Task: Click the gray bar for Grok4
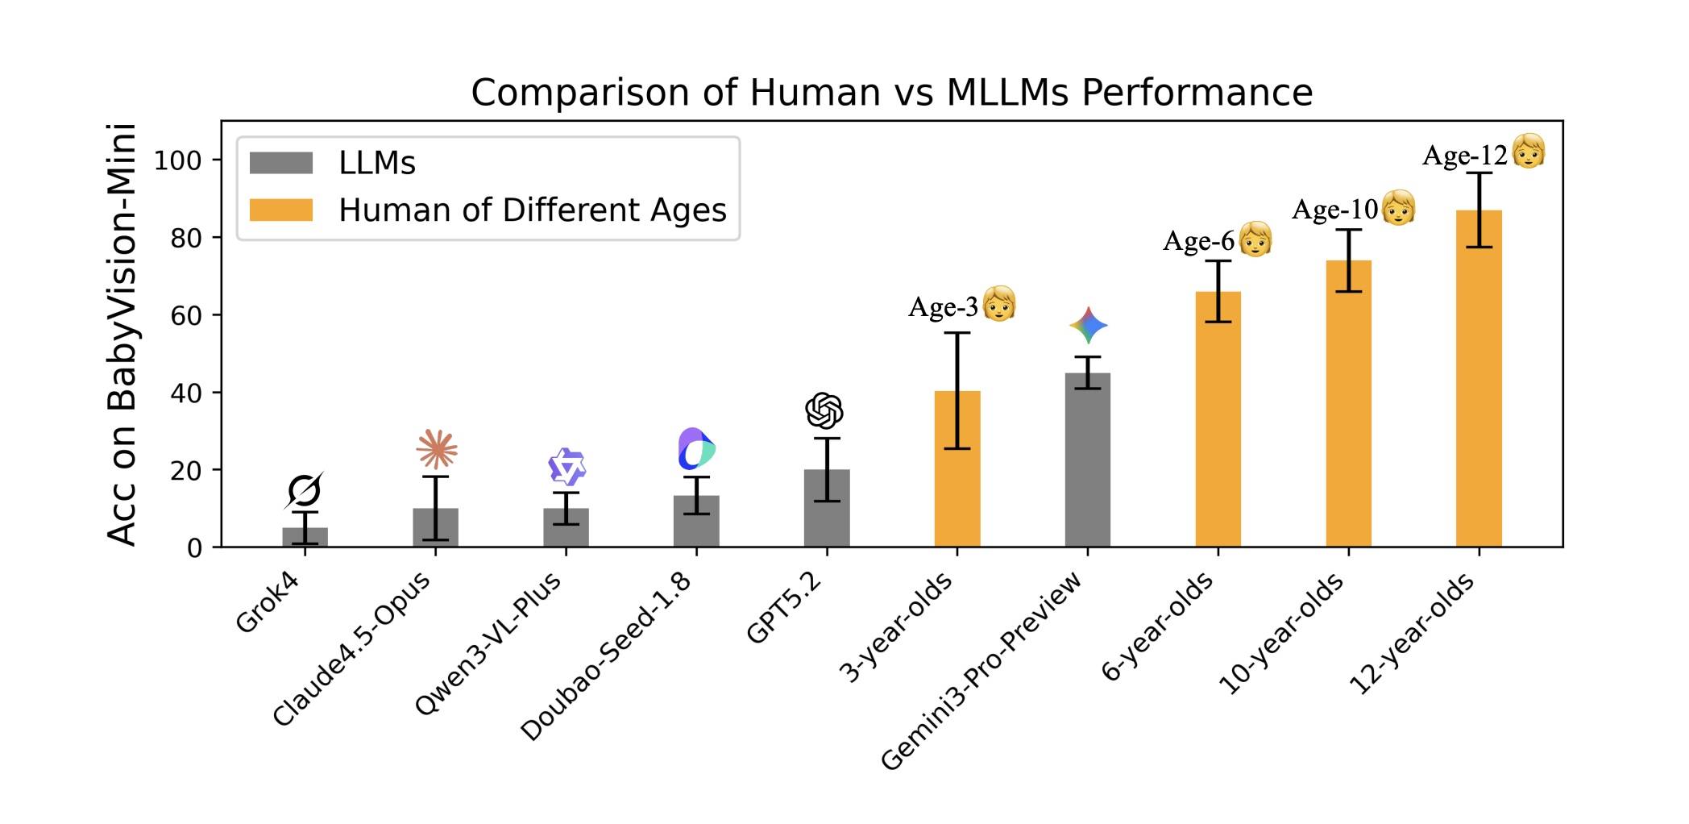pos(305,538)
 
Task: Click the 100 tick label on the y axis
pos(177,160)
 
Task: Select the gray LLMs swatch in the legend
pos(281,163)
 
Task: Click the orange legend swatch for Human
pos(281,210)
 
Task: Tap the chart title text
pos(891,92)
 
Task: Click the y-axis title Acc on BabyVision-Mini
pos(122,335)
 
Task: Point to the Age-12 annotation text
pos(1464,156)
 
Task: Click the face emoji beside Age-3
pos(999,304)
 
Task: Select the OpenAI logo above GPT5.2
pos(824,411)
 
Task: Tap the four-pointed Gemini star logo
pos(1089,325)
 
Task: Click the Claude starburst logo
pos(437,449)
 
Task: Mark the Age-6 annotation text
pos(1198,241)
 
